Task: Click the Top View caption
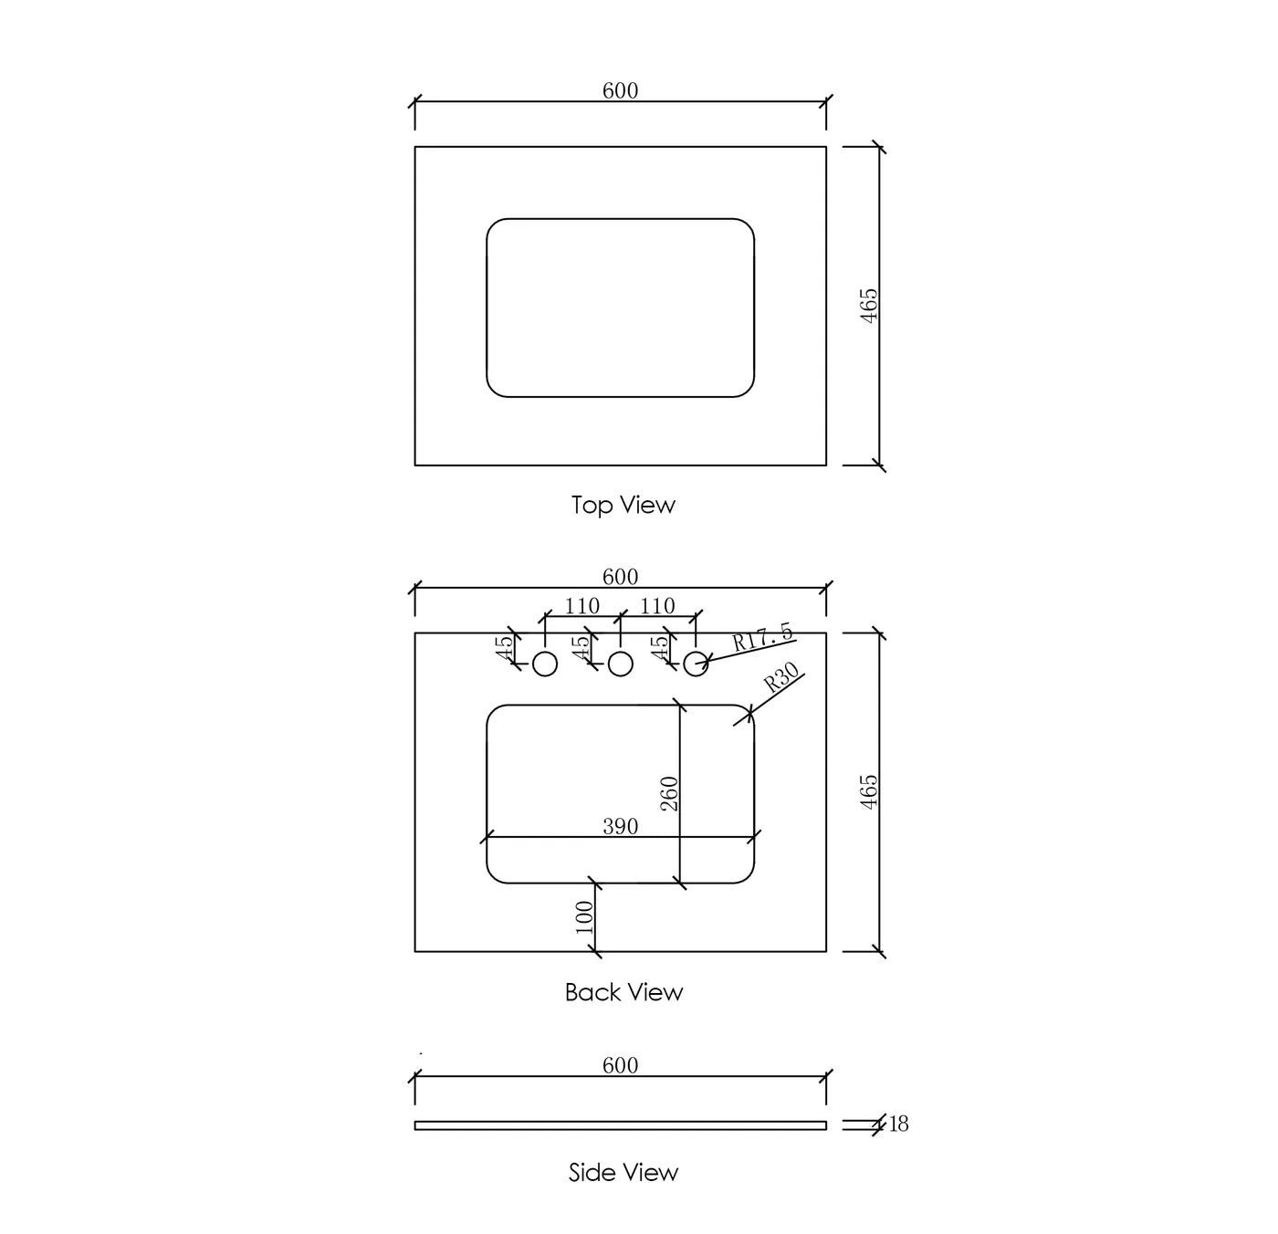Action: (x=623, y=506)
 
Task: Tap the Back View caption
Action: (x=623, y=991)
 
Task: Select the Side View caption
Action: (x=623, y=1172)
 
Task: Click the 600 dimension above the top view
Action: (x=620, y=90)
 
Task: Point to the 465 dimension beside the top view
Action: (x=868, y=306)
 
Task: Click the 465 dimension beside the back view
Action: (x=868, y=791)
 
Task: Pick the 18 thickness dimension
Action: (x=898, y=1124)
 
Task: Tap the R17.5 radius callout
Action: (x=762, y=637)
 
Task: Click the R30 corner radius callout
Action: (x=781, y=677)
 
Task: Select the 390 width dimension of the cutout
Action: (x=620, y=826)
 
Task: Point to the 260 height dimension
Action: (x=669, y=793)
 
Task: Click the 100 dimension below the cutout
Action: (x=584, y=916)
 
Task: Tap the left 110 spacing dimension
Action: (x=581, y=605)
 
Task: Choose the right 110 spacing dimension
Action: (x=657, y=605)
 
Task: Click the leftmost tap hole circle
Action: (x=544, y=664)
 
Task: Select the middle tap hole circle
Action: (x=620, y=664)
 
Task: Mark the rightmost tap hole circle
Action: (x=696, y=664)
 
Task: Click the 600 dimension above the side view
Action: (x=620, y=1064)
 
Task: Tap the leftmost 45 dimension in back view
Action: (x=505, y=648)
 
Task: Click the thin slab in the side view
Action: (x=620, y=1125)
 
